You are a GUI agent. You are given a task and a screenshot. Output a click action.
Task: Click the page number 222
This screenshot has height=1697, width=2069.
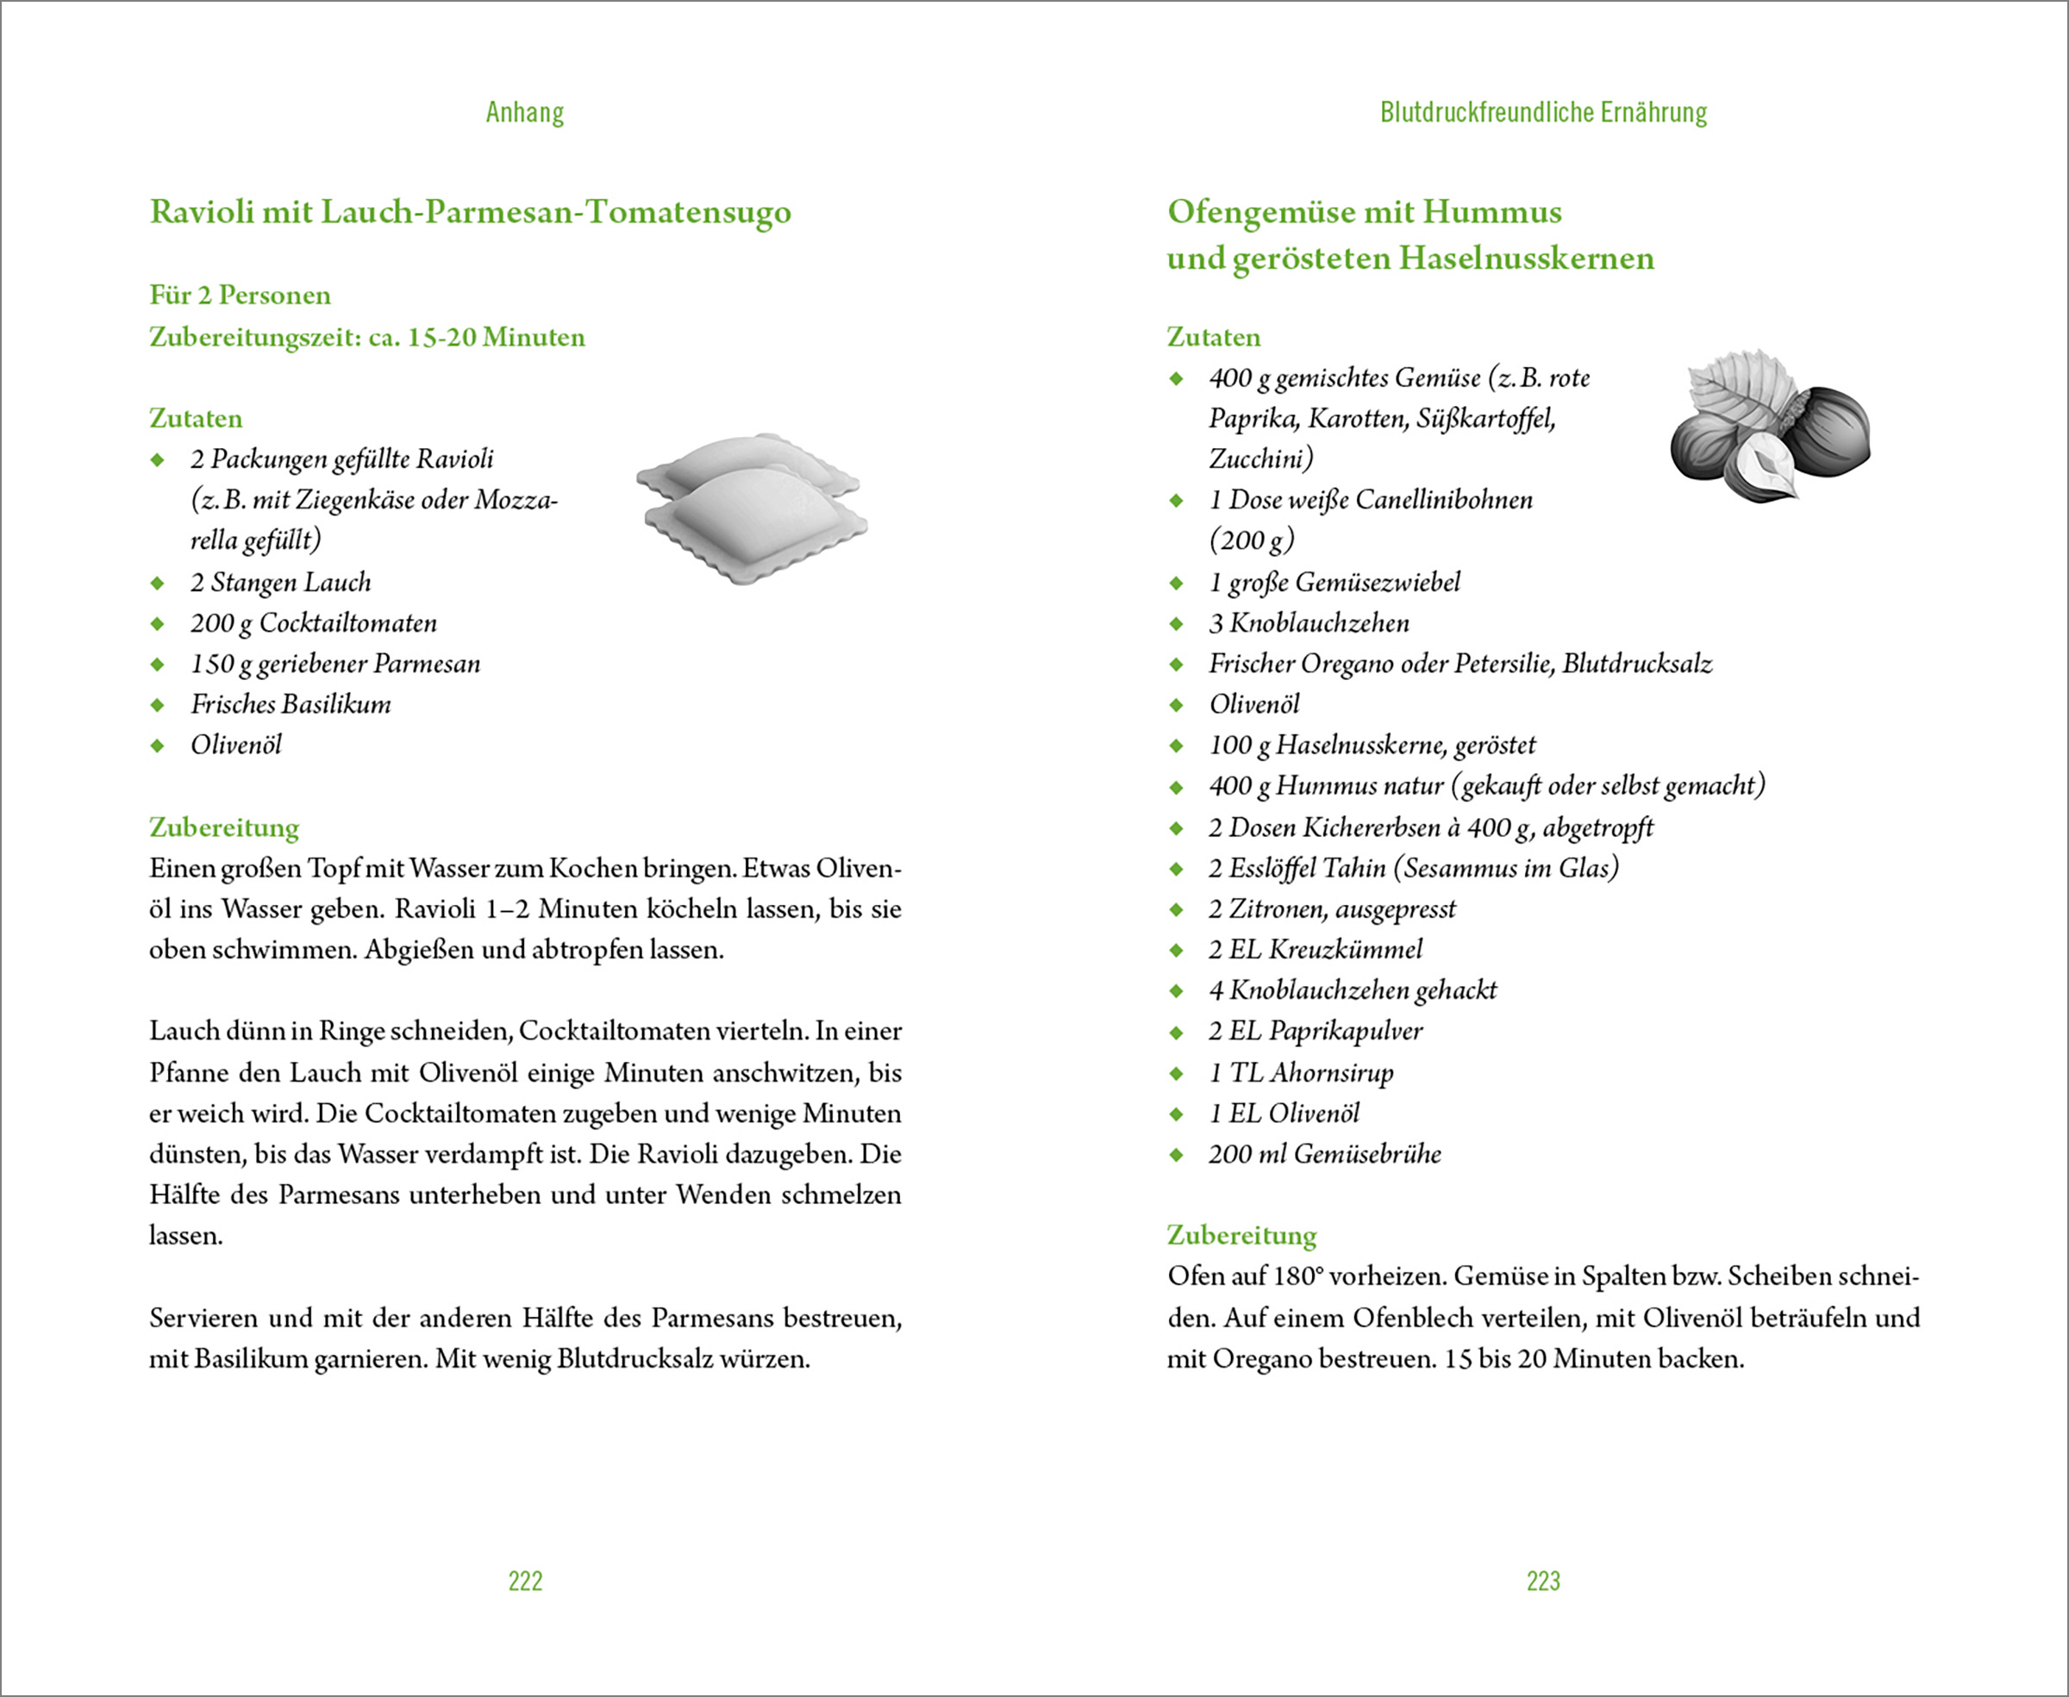point(525,1581)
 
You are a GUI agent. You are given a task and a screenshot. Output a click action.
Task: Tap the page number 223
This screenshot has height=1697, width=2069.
point(1543,1581)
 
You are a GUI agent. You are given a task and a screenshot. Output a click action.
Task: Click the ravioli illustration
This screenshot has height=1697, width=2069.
point(752,508)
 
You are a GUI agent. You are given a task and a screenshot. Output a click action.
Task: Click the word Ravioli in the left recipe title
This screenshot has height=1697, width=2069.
point(202,212)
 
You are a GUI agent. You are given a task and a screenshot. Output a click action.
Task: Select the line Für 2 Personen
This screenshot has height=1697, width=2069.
point(240,296)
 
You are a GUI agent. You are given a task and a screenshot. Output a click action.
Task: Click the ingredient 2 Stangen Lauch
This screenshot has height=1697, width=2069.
point(281,583)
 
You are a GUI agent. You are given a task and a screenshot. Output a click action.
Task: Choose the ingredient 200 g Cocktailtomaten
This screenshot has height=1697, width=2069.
point(313,624)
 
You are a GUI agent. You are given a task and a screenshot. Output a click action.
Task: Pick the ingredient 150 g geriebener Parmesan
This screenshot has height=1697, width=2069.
point(335,664)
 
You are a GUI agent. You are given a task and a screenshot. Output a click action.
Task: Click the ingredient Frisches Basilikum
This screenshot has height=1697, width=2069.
point(291,705)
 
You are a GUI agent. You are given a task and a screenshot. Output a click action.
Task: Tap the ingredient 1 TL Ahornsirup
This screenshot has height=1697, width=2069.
point(1301,1073)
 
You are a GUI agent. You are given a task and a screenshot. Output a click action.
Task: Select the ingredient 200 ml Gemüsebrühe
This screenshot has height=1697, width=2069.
point(1324,1155)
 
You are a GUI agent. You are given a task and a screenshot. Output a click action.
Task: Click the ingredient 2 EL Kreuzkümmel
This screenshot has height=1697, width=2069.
point(1316,949)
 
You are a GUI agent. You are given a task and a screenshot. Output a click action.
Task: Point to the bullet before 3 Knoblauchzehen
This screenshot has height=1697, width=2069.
point(1176,624)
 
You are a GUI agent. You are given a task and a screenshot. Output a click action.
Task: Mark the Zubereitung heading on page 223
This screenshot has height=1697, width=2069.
point(1241,1236)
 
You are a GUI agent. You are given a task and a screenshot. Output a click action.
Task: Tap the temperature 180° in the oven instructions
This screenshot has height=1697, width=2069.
point(1297,1276)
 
